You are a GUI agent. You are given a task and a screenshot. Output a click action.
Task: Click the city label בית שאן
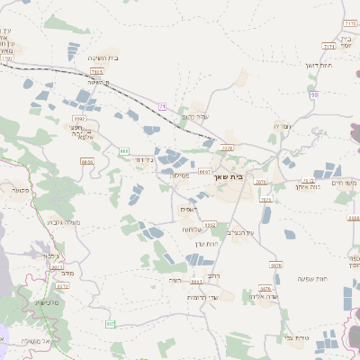229,177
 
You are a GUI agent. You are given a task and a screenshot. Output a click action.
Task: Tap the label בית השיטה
104,58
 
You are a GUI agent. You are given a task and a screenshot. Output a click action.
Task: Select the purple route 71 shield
162,106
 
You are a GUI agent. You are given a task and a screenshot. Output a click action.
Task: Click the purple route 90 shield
313,94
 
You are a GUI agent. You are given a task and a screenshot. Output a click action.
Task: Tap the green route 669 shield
123,151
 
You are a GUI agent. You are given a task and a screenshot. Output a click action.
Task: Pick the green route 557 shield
111,323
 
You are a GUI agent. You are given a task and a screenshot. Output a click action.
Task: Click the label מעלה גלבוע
62,220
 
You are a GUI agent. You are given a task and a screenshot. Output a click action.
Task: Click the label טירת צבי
296,337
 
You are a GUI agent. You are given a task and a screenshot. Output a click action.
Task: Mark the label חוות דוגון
319,65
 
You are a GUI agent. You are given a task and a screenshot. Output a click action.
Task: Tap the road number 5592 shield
79,118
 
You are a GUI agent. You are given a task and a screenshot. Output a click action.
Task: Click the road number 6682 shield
211,224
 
